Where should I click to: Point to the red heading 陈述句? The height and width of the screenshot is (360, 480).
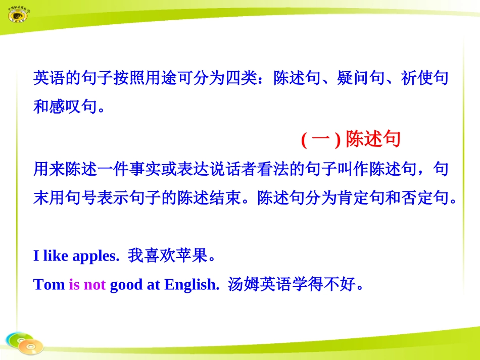pyautogui.click(x=373, y=140)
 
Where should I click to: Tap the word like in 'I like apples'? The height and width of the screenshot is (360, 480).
pyautogui.click(x=56, y=256)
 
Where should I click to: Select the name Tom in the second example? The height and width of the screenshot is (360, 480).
pyautogui.click(x=49, y=285)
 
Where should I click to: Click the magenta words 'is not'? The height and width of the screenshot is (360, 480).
pyautogui.click(x=87, y=285)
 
